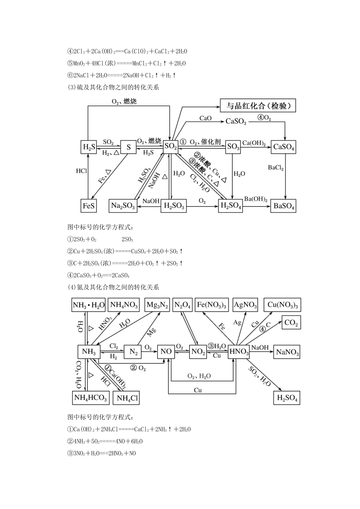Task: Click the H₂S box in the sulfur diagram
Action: click(89, 147)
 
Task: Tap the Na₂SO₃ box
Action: click(123, 206)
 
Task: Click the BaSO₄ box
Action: click(283, 206)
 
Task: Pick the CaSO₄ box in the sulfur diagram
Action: click(283, 147)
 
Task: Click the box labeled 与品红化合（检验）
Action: click(258, 106)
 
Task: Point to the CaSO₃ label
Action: click(236, 121)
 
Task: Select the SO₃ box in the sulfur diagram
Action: click(233, 147)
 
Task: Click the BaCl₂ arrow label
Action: click(275, 168)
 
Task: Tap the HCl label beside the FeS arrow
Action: click(81, 171)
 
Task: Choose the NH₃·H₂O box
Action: click(88, 305)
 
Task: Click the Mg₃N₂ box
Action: click(157, 305)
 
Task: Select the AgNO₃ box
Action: click(245, 305)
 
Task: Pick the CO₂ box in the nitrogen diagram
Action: click(291, 323)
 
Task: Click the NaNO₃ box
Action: click(287, 352)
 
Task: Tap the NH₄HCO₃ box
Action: click(91, 398)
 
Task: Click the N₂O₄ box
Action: click(182, 305)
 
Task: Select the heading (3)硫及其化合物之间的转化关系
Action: click(113, 87)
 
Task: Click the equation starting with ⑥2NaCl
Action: click(122, 75)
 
